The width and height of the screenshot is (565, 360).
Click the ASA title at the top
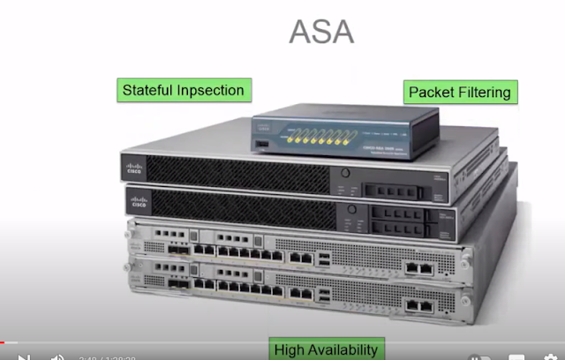tap(321, 31)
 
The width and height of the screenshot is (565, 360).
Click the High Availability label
tap(326, 349)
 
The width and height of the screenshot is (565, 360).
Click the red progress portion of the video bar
tap(8, 342)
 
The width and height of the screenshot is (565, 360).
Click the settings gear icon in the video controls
tap(549, 357)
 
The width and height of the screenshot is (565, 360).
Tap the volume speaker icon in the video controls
tap(57, 357)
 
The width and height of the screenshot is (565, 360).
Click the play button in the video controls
tap(24, 356)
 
